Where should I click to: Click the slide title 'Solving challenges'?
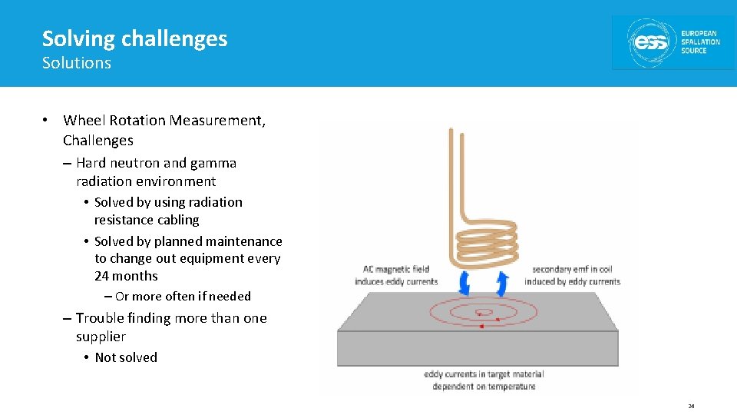(134, 38)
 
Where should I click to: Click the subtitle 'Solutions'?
(76, 63)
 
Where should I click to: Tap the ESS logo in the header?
(673, 42)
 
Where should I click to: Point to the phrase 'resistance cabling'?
(146, 220)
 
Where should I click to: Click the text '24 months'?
(126, 276)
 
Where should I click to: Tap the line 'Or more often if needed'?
(183, 296)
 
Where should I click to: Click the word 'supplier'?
(101, 337)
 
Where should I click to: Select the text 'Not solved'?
(126, 357)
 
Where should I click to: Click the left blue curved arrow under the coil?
(464, 283)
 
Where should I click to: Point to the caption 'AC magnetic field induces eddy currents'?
(395, 275)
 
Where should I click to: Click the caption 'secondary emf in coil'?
(572, 270)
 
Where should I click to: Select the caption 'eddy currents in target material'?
(484, 374)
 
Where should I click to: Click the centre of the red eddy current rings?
(480, 313)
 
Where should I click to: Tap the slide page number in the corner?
(691, 406)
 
